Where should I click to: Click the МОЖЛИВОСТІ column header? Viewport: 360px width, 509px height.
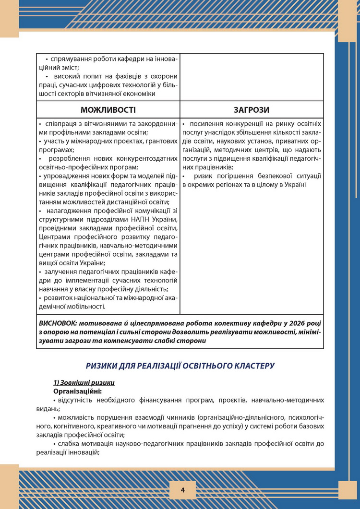point(108,110)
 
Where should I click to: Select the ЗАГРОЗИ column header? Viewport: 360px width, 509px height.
point(252,110)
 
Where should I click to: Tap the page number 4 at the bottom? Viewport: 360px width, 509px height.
point(183,490)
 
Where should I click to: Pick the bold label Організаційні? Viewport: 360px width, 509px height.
point(77,391)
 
